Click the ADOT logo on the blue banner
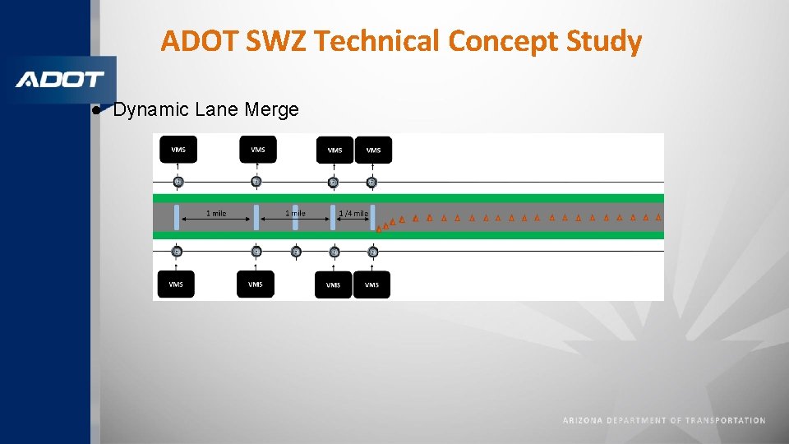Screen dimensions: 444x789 (x=60, y=80)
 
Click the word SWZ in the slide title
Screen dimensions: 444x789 (x=274, y=40)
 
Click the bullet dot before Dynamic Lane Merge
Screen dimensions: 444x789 (x=96, y=109)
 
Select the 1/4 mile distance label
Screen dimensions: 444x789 (x=353, y=214)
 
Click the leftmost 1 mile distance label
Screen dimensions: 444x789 (x=215, y=214)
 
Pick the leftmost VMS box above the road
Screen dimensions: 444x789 (x=178, y=149)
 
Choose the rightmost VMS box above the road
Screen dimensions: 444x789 (x=373, y=150)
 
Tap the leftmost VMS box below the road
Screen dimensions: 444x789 (x=176, y=284)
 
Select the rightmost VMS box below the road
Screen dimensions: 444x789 (x=371, y=284)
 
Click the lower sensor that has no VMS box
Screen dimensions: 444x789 (x=296, y=251)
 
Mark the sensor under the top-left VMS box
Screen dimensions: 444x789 (x=178, y=182)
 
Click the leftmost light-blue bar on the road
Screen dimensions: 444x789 (x=176, y=218)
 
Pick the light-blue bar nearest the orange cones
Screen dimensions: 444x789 (x=372, y=218)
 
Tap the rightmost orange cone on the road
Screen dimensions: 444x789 (x=658, y=218)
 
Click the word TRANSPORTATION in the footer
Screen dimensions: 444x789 (x=725, y=420)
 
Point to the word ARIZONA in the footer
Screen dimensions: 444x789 (x=583, y=420)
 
